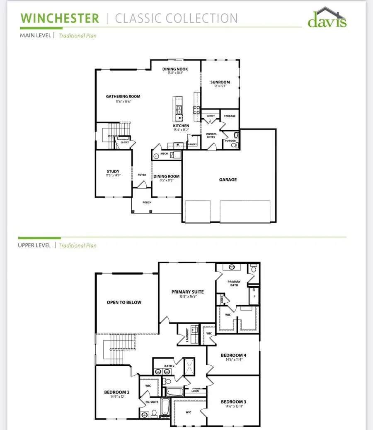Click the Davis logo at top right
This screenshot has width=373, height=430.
[x=327, y=19]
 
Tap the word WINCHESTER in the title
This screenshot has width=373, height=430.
[x=60, y=19]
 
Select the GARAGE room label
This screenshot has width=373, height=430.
[x=228, y=180]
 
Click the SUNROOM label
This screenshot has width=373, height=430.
[x=220, y=82]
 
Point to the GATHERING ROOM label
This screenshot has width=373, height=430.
[x=123, y=97]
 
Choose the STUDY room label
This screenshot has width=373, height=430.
[x=113, y=171]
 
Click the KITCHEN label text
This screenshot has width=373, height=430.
[x=181, y=126]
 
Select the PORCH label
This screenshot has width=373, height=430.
[x=147, y=202]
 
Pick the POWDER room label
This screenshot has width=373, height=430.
[x=230, y=141]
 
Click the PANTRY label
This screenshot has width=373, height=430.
[x=192, y=145]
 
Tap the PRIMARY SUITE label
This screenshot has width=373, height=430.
[x=187, y=292]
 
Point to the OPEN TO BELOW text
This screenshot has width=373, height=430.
[x=124, y=302]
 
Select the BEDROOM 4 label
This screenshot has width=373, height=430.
[x=233, y=355]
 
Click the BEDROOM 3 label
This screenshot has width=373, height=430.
[x=233, y=402]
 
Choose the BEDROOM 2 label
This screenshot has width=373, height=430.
[x=116, y=392]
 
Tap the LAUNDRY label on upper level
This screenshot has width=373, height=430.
[x=187, y=335]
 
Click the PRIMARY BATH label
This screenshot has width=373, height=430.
[x=234, y=283]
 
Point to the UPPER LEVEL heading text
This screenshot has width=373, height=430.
[x=34, y=245]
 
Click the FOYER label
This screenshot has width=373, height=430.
[x=142, y=175]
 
